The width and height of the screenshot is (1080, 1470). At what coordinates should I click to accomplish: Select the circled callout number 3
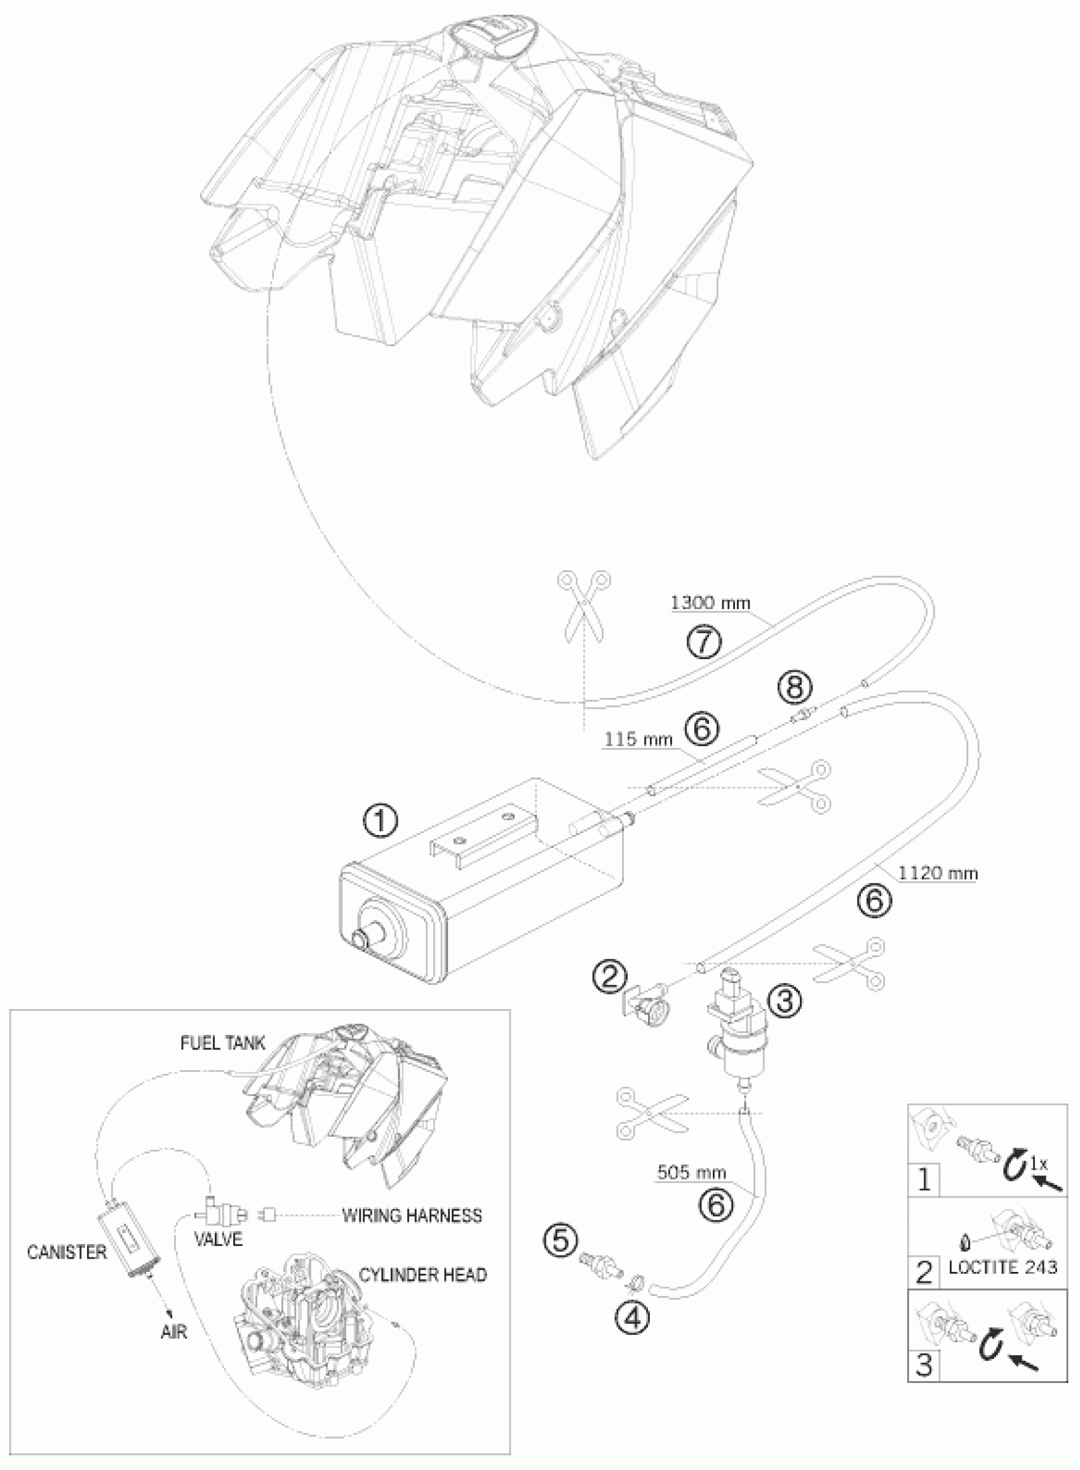pyautogui.click(x=783, y=1000)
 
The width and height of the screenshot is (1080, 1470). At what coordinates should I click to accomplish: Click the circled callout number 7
pyautogui.click(x=703, y=643)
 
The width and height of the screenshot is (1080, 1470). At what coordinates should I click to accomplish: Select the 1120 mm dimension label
pyautogui.click(x=938, y=873)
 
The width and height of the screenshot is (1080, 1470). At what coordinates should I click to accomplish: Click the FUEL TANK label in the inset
pyautogui.click(x=223, y=1043)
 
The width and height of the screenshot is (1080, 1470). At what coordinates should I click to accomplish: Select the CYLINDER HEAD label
pyautogui.click(x=422, y=1274)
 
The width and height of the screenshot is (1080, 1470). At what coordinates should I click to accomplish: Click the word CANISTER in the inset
pyautogui.click(x=67, y=1252)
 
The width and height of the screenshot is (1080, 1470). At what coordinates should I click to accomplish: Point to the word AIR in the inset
pyautogui.click(x=174, y=1332)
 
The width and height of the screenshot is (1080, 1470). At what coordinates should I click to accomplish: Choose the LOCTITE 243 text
pyautogui.click(x=1002, y=1267)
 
